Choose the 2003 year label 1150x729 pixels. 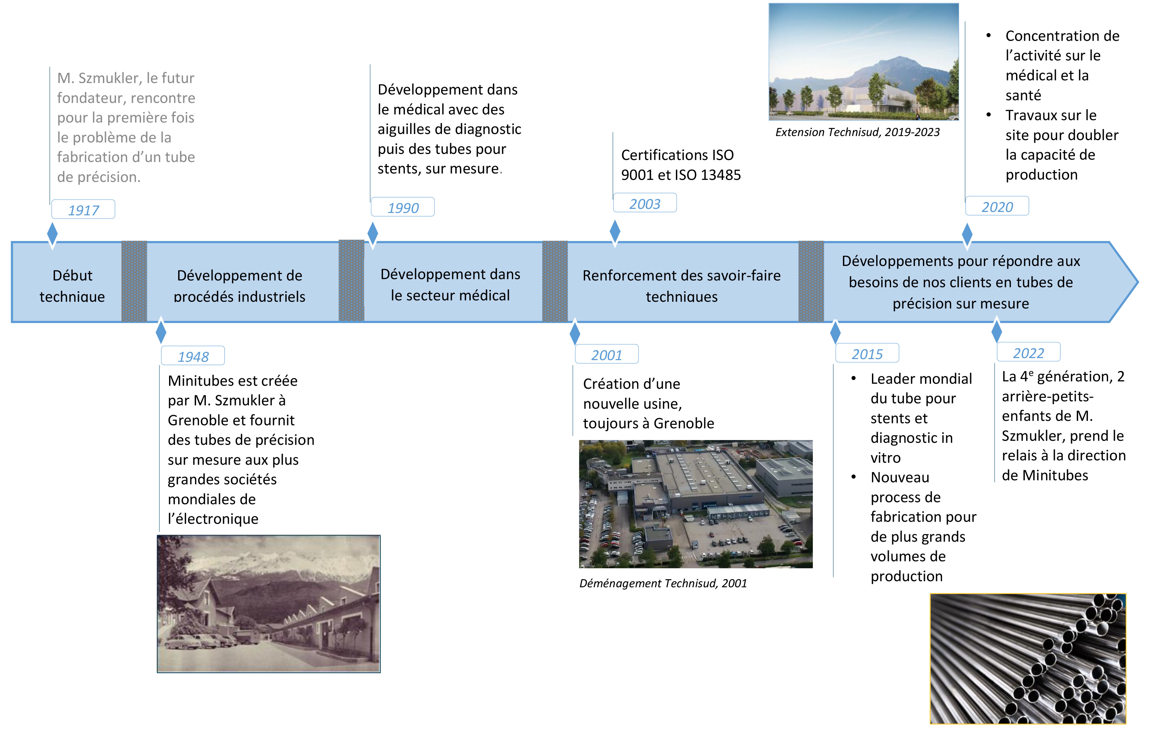645,203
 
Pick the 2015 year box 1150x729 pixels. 867,353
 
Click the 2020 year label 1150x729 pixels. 997,206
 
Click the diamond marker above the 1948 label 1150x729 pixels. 161,331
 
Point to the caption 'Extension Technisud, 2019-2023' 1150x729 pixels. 857,132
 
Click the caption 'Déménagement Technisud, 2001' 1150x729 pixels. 663,583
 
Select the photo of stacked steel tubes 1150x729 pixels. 1028,659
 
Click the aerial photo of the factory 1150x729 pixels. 696,504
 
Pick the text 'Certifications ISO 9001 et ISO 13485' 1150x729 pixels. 681,165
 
